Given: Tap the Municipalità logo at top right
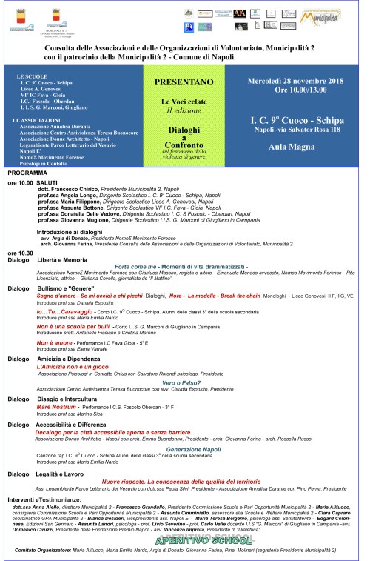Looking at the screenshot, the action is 343,13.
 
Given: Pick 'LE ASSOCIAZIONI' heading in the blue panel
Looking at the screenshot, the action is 37,119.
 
